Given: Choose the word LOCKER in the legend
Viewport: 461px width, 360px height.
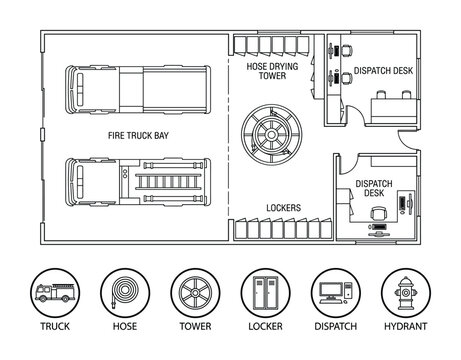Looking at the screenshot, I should pos(263,340).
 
